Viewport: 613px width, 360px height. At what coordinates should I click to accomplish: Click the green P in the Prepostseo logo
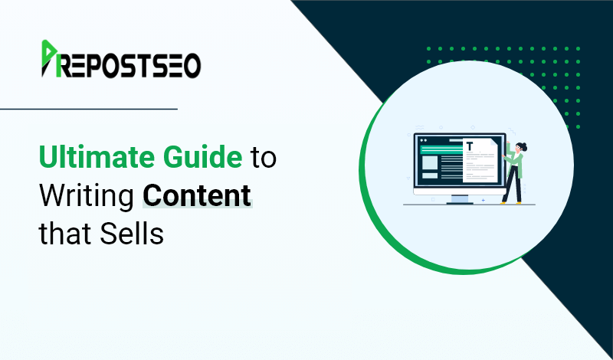point(49,58)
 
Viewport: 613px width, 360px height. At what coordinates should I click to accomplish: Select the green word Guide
point(203,157)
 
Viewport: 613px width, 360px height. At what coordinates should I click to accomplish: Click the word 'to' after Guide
point(264,159)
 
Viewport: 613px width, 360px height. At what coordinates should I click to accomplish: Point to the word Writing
point(87,197)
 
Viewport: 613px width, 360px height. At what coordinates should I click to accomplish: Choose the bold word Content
point(197,195)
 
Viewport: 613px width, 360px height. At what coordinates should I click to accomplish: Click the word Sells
point(131,234)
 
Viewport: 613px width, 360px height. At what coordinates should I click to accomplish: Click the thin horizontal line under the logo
point(89,109)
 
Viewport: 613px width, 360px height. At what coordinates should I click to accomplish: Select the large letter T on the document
point(470,146)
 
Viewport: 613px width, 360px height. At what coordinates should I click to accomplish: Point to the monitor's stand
point(459,199)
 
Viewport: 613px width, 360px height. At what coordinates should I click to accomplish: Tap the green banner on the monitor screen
point(442,149)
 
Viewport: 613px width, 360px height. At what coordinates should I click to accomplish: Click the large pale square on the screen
point(430,162)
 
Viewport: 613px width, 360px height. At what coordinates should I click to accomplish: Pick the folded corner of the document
point(493,142)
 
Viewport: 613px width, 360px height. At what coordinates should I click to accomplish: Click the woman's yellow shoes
point(511,202)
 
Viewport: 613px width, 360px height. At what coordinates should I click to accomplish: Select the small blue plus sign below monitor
point(484,201)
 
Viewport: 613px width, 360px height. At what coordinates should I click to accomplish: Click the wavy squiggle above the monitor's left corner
point(419,128)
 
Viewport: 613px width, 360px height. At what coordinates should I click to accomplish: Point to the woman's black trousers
point(513,184)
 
